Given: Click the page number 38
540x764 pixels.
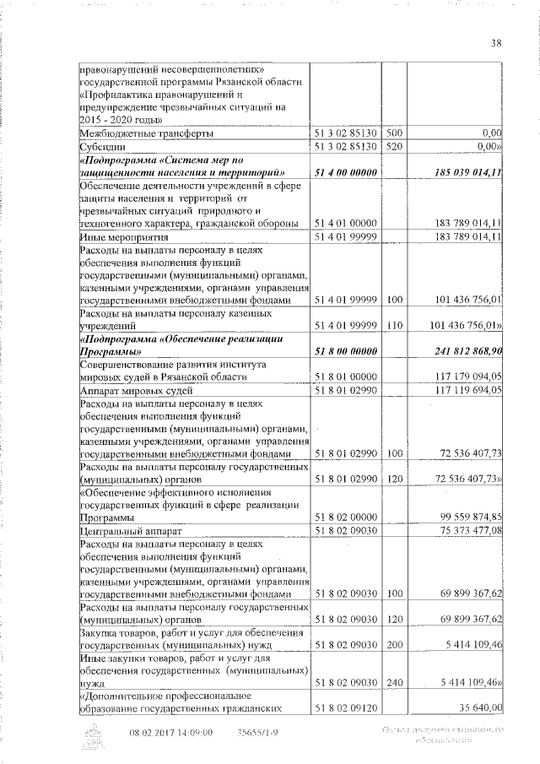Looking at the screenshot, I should pos(496,44).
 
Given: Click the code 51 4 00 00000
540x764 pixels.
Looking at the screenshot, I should pos(347,172).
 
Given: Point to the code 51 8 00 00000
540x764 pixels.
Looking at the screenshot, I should pos(347,350).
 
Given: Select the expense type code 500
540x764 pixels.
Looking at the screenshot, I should pos(393,133).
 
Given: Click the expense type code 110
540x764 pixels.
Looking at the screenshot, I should pos(393,325).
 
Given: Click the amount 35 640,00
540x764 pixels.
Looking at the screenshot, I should pos(478,707).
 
